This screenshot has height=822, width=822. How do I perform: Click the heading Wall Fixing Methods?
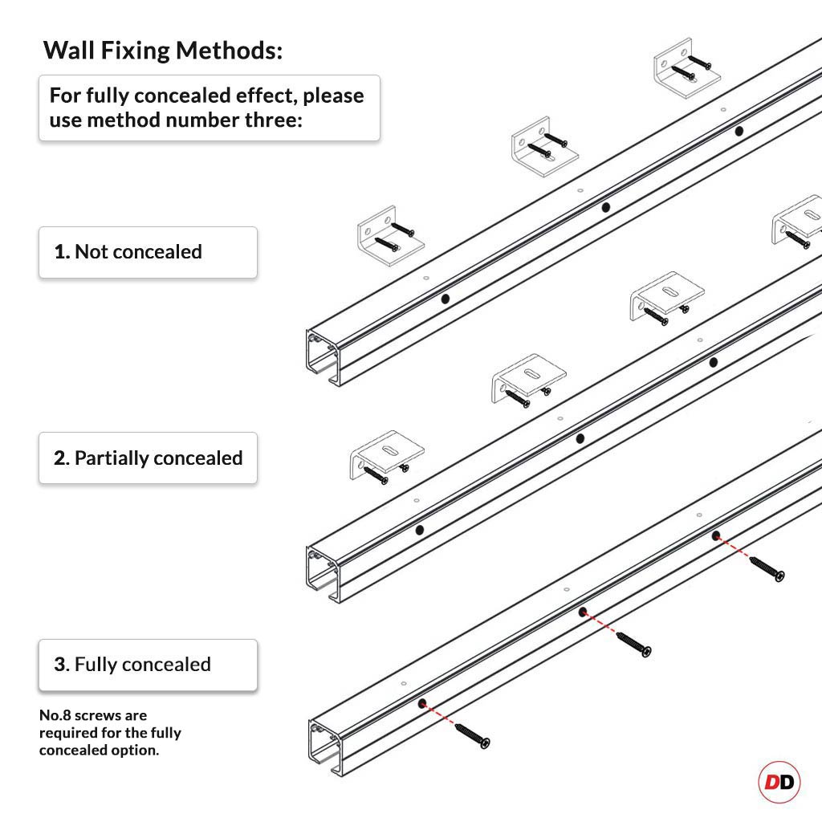(163, 51)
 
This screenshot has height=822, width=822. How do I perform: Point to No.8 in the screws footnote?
(55, 715)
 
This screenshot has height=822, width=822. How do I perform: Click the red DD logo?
(779, 782)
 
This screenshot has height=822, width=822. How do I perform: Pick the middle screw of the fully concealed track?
(633, 644)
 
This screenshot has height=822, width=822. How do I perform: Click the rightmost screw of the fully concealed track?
(767, 568)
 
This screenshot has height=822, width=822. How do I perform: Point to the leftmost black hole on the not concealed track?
(446, 299)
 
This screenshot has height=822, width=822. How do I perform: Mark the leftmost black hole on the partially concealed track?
(419, 531)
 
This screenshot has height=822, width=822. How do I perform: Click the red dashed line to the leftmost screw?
(440, 716)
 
